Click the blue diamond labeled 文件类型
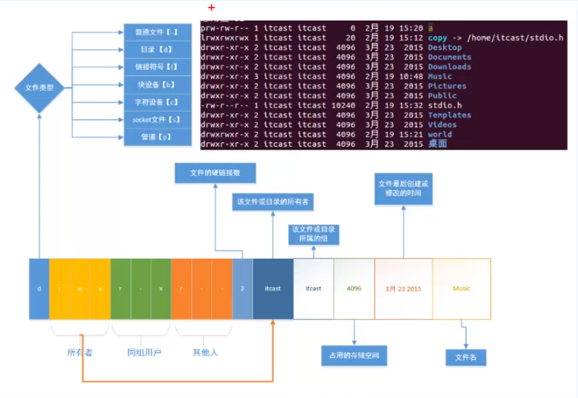click(39, 88)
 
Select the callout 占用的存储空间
click(354, 356)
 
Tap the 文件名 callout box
click(466, 358)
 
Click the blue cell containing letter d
click(39, 289)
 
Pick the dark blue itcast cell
click(273, 289)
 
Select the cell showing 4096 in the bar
click(354, 289)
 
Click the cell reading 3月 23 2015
click(403, 289)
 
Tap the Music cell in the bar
click(461, 289)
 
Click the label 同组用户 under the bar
click(144, 352)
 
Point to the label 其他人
click(205, 352)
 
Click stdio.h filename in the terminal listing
click(445, 105)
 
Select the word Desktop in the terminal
click(445, 47)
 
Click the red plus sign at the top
click(211, 8)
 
